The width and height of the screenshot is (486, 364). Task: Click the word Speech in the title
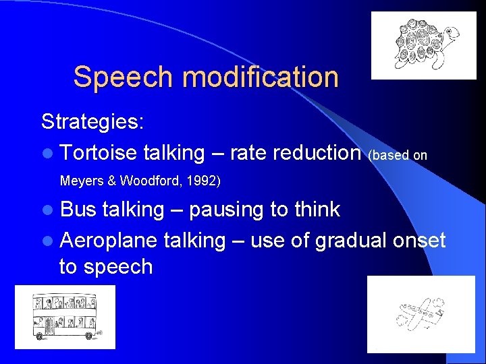click(124, 78)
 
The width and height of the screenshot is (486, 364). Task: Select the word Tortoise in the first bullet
click(99, 153)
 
